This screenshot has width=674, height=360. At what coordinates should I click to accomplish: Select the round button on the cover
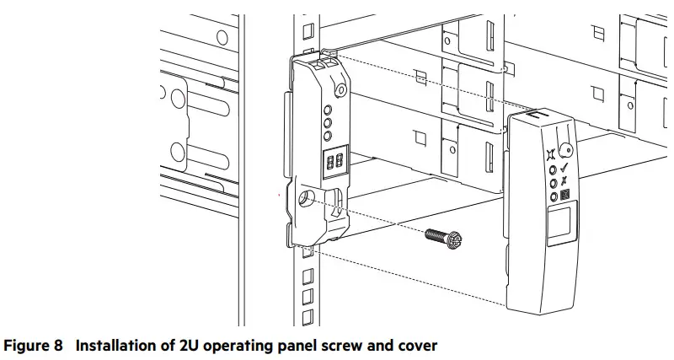coord(567,152)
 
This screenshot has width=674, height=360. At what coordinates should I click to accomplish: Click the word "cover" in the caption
coord(414,346)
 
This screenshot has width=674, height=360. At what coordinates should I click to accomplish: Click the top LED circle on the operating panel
coord(328,110)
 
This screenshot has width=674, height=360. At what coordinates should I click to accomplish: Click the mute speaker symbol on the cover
coord(551,154)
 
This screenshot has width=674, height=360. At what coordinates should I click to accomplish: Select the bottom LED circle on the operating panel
coord(328,135)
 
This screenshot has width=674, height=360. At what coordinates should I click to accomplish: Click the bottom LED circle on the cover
coord(554,196)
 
